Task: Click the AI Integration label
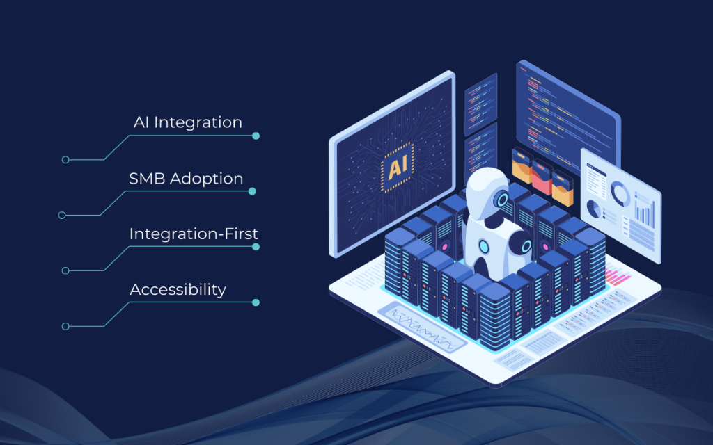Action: (188, 122)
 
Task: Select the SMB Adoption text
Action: (186, 179)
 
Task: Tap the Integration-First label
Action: (194, 234)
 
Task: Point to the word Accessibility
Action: (178, 290)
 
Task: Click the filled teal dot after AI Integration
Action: (256, 136)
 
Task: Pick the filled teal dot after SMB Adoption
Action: (252, 191)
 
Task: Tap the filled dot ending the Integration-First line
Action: (256, 247)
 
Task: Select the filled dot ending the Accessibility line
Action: (256, 302)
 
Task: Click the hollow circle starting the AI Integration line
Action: (65, 160)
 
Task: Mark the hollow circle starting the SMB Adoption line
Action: (62, 216)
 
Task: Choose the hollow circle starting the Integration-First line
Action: (65, 270)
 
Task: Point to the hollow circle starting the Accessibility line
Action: (65, 327)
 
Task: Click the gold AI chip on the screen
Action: (398, 167)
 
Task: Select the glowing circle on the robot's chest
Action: (483, 247)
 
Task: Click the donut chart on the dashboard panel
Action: (620, 193)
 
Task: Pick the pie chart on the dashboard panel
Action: (593, 209)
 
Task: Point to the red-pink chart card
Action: (542, 177)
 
